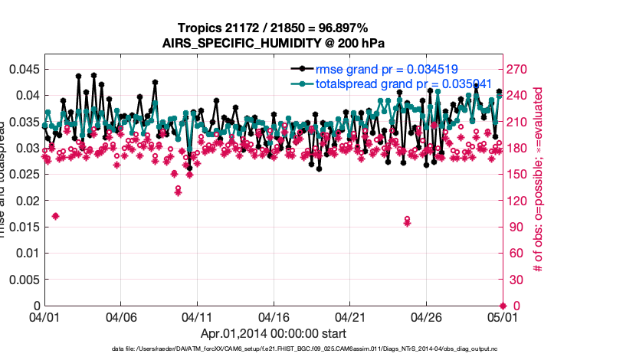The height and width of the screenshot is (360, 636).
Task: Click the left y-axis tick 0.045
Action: (24, 69)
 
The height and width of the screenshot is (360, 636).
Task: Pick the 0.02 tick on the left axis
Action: (27, 201)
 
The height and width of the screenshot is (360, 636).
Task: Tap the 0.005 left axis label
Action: (24, 280)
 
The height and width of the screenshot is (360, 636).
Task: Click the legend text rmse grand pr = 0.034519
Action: (387, 70)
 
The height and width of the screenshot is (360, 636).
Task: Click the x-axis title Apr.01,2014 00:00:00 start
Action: (273, 334)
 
